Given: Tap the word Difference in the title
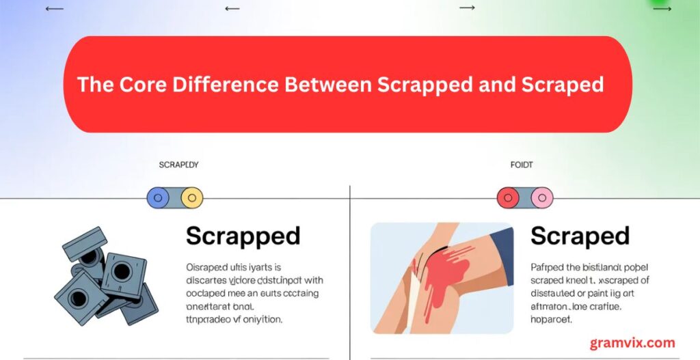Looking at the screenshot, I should coord(220,85).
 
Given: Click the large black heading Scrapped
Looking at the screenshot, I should coord(243,236).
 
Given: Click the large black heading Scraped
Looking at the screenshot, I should coord(580,236).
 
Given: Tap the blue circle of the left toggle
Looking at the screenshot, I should coord(158,198).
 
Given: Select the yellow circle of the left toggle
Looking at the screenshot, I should coord(192,198).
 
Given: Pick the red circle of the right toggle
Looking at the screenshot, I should coord(508,198).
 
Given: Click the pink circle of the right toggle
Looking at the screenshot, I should coord(542,198).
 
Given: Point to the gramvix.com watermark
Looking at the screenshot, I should coord(632,343).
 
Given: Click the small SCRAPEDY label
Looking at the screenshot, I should coord(178,165).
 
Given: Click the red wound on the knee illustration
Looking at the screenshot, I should coord(442,270).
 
